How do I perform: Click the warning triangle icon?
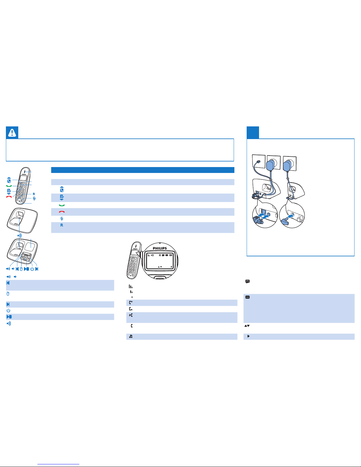click(12, 133)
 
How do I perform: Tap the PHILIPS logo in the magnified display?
click(160, 248)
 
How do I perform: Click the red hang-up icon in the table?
click(62, 212)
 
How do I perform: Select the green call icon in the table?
click(62, 205)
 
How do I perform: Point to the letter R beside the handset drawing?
click(34, 194)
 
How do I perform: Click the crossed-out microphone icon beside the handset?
click(34, 199)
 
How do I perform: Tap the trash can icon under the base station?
click(21, 269)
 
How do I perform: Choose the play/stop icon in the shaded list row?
click(9, 316)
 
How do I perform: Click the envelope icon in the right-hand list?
click(248, 297)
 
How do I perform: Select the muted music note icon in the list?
click(131, 336)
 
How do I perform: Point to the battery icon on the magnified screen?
click(171, 255)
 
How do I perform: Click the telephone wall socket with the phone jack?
click(258, 161)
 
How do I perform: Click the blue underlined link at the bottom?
click(58, 464)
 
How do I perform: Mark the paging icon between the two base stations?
click(19, 235)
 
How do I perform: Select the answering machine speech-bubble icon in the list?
click(248, 281)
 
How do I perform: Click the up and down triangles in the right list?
click(247, 326)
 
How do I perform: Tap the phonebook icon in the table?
click(62, 197)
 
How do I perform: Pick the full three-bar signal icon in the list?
click(131, 286)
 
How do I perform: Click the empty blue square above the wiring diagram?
click(253, 133)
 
